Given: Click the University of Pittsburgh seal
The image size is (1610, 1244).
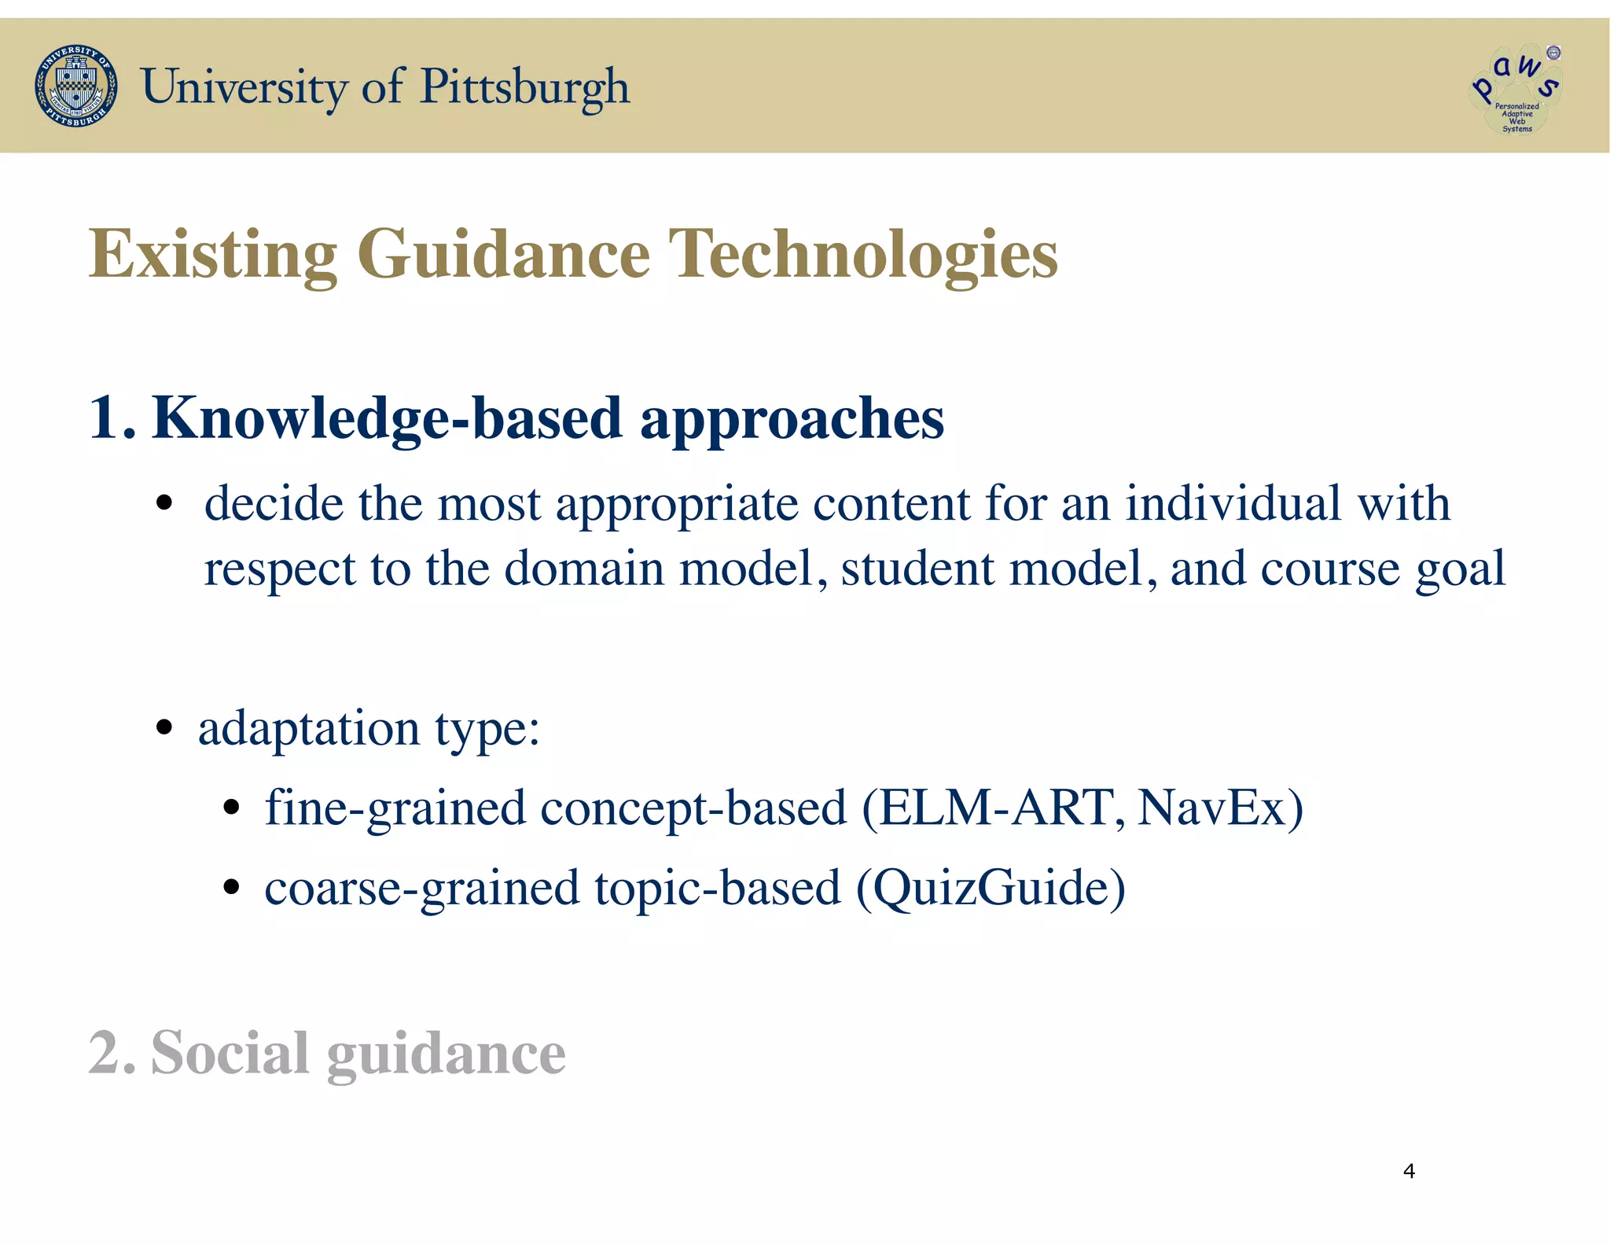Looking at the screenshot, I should tap(76, 86).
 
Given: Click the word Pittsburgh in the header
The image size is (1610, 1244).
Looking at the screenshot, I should tap(524, 86).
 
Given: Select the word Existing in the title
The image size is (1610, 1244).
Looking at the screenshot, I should tap(213, 254).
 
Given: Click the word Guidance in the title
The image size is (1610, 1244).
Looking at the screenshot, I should tap(503, 254).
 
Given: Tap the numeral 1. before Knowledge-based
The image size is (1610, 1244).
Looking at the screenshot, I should tap(111, 418).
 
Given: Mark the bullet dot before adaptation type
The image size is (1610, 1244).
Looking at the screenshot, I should tap(164, 727).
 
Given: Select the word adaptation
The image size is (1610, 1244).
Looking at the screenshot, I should tap(308, 728).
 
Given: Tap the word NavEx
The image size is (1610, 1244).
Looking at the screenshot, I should tap(1211, 808).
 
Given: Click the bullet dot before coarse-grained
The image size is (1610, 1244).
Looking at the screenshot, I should tap(230, 887).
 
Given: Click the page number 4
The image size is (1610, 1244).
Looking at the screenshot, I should tap(1409, 1171).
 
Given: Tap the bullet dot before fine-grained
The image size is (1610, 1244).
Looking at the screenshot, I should tap(230, 807).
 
